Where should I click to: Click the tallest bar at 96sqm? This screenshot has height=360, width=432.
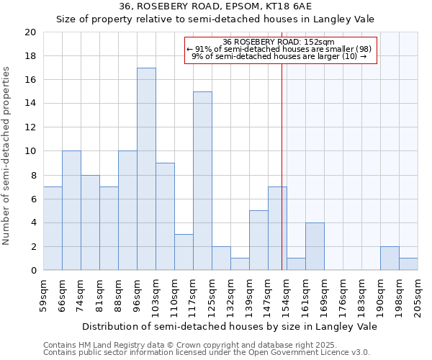pos(146,169)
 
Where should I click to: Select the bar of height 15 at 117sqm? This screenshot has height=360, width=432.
pos(202,181)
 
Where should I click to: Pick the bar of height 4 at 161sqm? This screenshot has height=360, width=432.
pos(315,246)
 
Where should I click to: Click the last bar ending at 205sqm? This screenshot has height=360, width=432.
pos(408,264)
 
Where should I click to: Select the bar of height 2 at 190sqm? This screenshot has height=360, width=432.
pos(390,258)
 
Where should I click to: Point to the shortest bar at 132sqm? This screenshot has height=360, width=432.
pos(240,264)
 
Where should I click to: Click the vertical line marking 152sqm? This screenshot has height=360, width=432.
pos(282,166)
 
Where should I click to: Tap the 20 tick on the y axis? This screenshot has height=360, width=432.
pos(31,32)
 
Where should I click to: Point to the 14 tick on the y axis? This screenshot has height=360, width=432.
pos(31,104)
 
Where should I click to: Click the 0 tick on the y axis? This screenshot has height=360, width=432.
pos(34,271)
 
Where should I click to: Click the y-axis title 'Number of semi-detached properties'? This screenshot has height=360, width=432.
pos(7,156)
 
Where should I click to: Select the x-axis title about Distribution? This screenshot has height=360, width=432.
pos(230,326)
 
